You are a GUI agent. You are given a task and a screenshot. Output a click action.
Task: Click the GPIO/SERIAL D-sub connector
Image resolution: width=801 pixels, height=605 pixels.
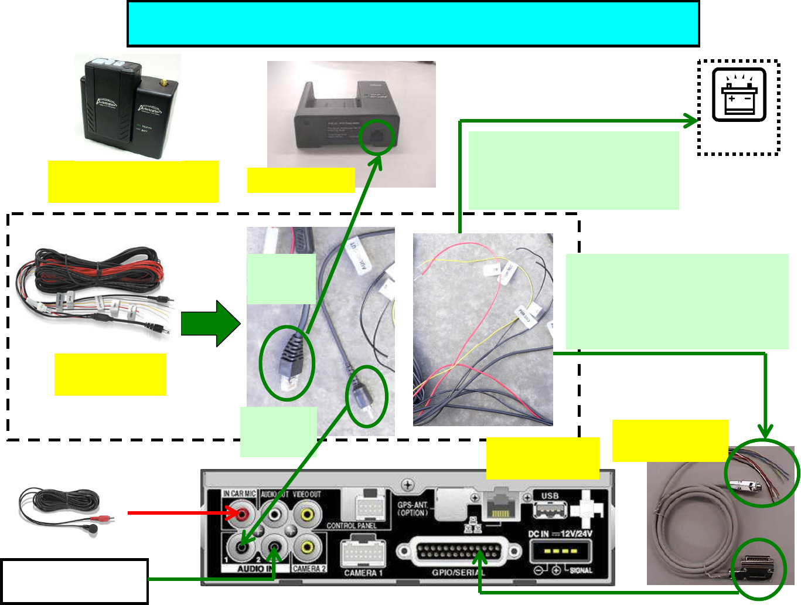point(459,552)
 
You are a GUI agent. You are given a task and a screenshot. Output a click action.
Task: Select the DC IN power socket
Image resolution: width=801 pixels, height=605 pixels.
point(560,551)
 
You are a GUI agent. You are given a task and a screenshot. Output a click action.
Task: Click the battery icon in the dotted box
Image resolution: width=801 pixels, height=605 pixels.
point(739,95)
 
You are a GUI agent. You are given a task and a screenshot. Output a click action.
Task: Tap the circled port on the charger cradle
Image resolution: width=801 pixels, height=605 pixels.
point(376,137)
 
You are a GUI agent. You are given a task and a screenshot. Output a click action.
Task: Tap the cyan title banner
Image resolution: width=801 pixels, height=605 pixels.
point(413,24)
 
